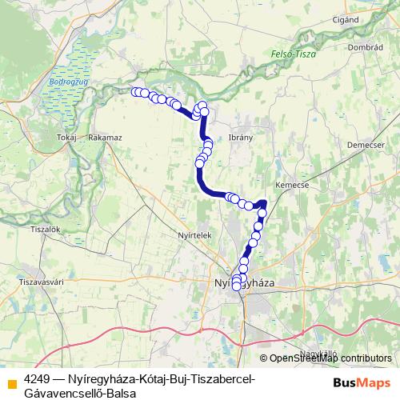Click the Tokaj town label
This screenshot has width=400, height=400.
click(66, 138)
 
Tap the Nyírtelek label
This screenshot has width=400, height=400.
click(194, 236)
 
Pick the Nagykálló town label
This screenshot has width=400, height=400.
click(319, 352)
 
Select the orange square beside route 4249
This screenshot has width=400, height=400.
click(11, 383)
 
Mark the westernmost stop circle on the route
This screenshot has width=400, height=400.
click(136, 92)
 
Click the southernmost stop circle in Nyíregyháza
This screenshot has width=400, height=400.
click(236, 286)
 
